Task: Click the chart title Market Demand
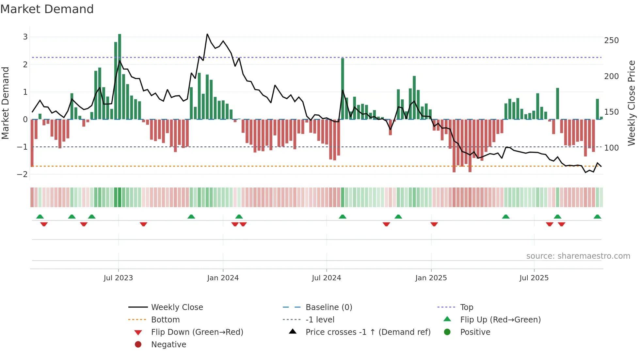(x=47, y=9)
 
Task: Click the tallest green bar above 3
(x=120, y=77)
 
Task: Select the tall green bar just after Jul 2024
(x=343, y=89)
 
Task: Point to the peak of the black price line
(x=207, y=34)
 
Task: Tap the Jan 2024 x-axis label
(x=223, y=278)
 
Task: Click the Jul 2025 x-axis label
(x=534, y=278)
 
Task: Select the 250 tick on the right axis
(x=611, y=41)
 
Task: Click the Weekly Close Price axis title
(x=632, y=103)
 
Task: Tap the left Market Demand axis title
(x=5, y=103)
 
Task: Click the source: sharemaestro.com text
(x=578, y=256)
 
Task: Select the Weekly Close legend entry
(x=177, y=307)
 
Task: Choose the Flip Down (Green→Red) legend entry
(x=197, y=332)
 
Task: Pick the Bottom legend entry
(x=165, y=320)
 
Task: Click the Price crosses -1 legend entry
(x=368, y=332)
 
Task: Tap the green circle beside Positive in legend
(x=447, y=332)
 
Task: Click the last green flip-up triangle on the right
(x=597, y=217)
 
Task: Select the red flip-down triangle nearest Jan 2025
(x=434, y=224)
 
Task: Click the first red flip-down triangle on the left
(x=44, y=224)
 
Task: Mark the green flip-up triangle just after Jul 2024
(x=343, y=217)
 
